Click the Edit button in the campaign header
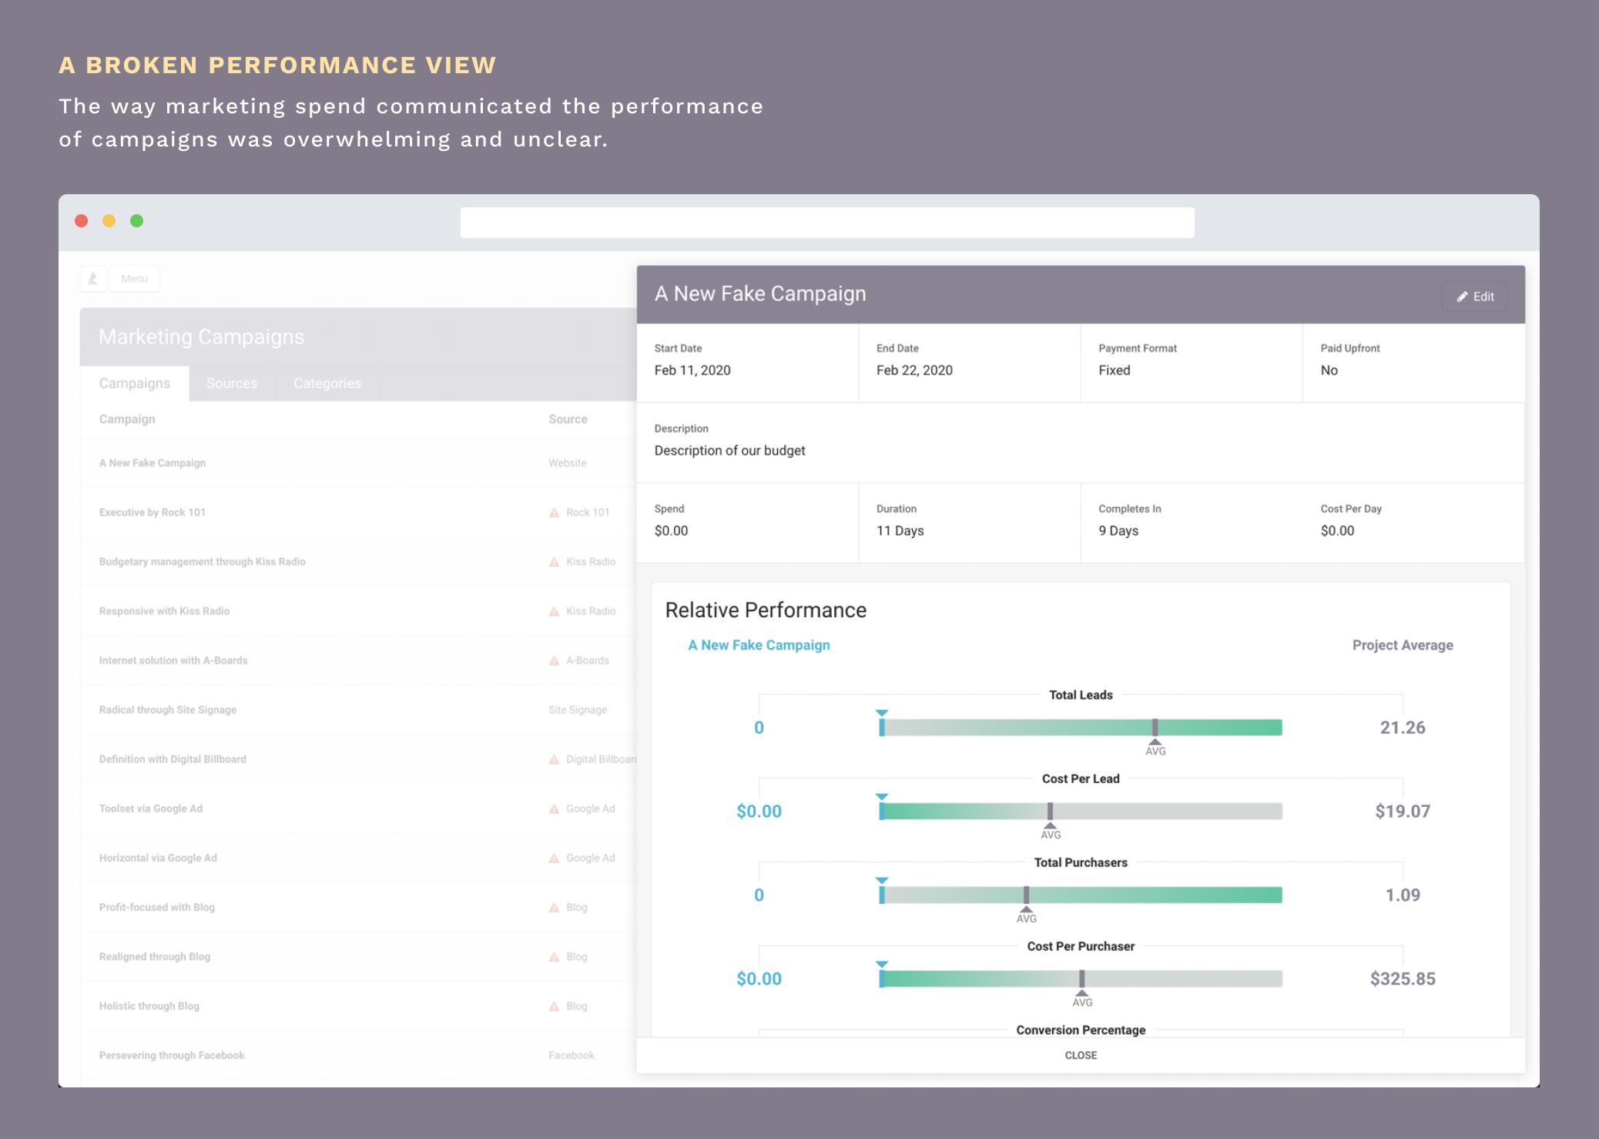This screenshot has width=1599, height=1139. point(1475,297)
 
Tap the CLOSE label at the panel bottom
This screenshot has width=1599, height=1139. point(1081,1055)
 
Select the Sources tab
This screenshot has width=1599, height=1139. point(232,383)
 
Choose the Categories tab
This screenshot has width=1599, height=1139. point(327,383)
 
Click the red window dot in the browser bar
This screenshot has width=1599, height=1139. point(81,221)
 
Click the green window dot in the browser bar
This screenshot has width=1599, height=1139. point(136,221)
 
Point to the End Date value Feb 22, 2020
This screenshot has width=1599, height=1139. point(914,370)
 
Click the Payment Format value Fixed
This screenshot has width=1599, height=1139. point(1114,370)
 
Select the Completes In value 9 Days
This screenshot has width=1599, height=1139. point(1118,530)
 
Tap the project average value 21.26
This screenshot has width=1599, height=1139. point(1402,727)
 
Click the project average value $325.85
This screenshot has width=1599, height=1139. point(1402,979)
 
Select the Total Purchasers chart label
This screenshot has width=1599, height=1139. point(1080,862)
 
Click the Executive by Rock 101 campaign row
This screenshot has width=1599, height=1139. point(153,512)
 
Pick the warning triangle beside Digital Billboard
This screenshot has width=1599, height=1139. point(554,760)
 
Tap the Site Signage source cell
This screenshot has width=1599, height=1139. point(578,710)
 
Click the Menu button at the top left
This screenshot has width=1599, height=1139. point(134,279)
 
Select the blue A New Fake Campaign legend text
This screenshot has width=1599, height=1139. point(759,645)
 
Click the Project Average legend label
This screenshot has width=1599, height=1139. point(1402,645)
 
